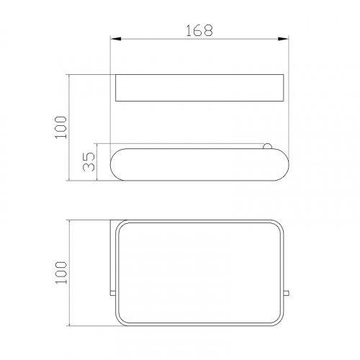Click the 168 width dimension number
point(199,30)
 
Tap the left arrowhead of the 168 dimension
point(115,39)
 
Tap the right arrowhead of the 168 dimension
point(284,39)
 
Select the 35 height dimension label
point(89,161)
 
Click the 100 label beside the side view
point(60,127)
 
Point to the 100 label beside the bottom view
point(61,273)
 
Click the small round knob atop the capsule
point(267,146)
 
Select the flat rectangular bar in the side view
point(199,88)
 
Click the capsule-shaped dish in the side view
point(199,165)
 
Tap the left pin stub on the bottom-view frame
point(112,293)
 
